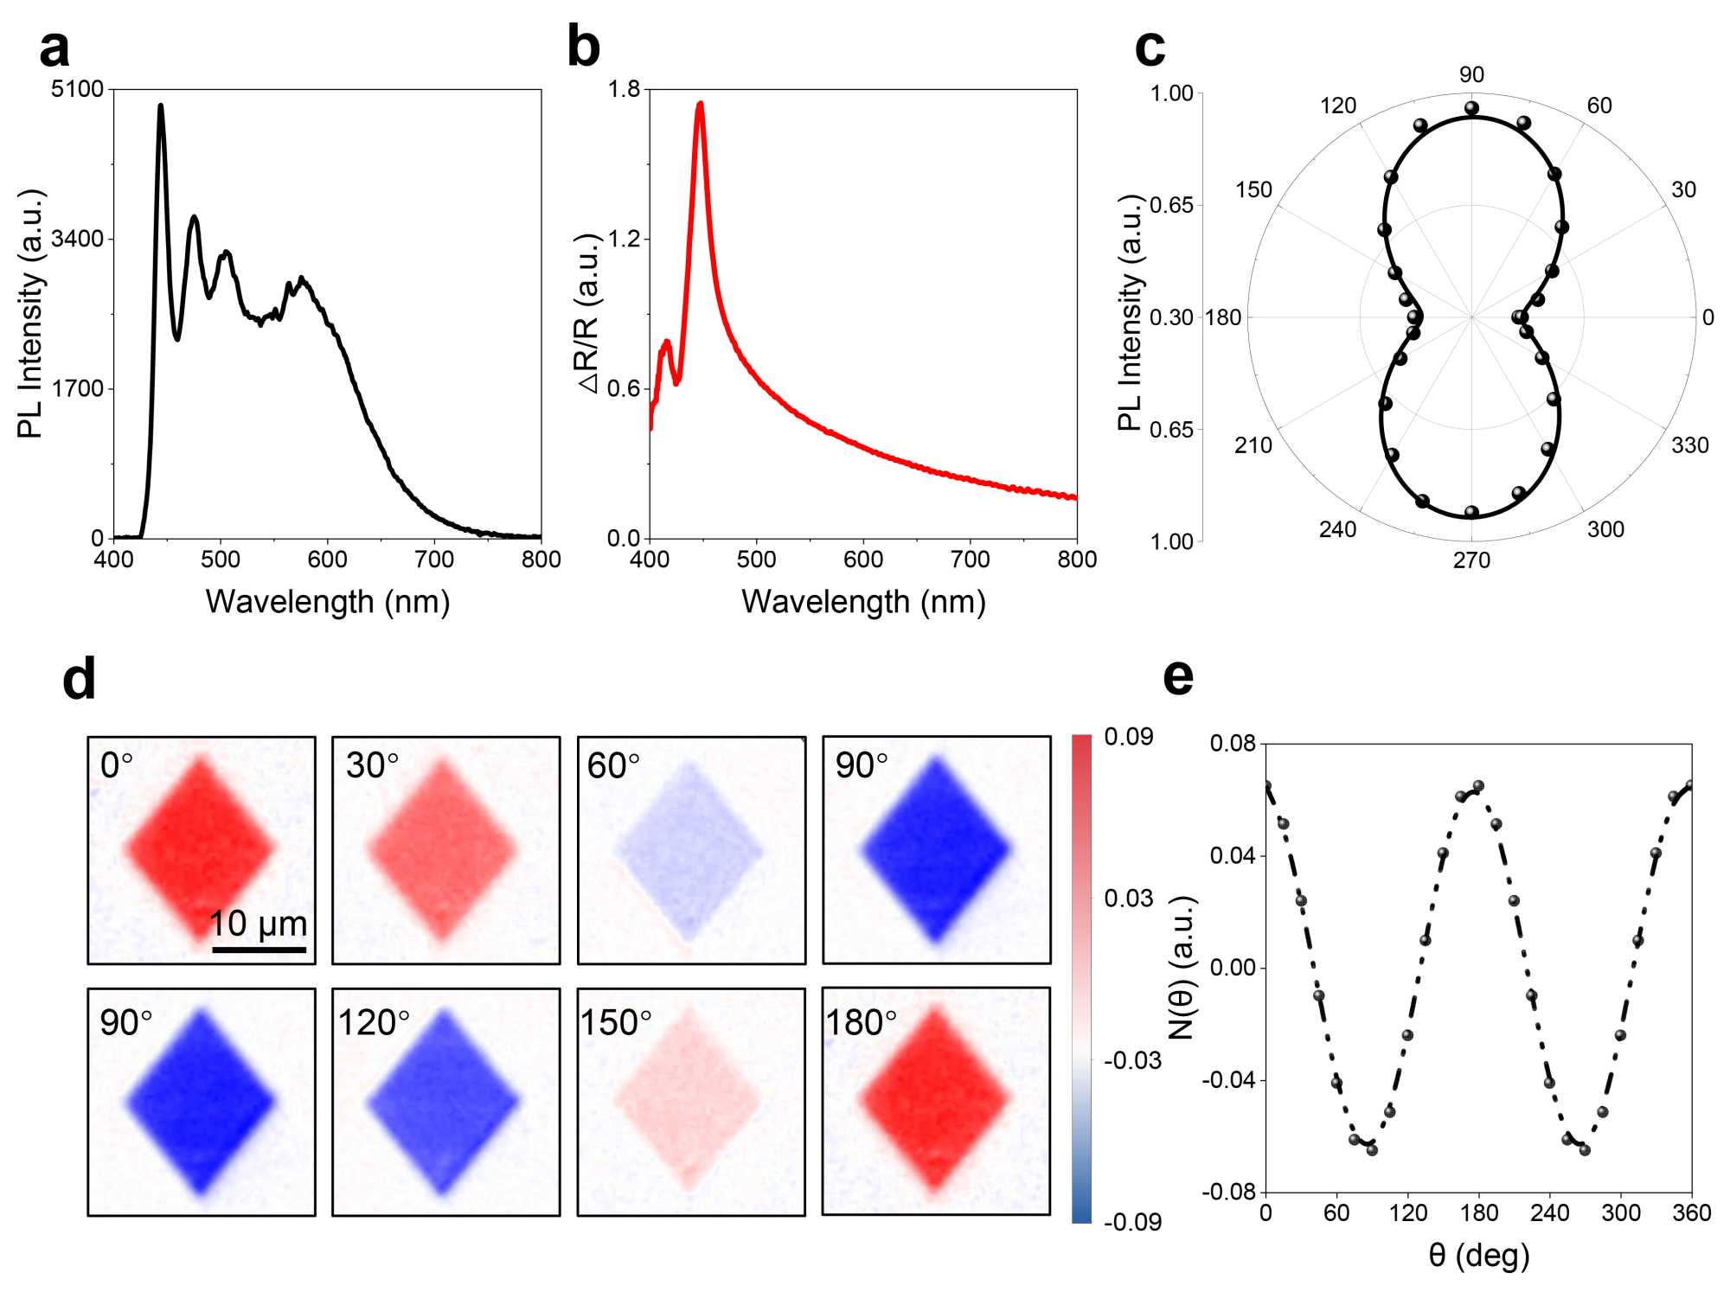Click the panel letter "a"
coord(54,50)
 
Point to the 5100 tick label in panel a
coord(77,89)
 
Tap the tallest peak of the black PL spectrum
coord(160,106)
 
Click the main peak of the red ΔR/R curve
coord(700,104)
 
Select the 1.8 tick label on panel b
coord(624,89)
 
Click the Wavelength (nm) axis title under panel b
coord(863,602)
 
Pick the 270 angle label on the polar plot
coord(1471,560)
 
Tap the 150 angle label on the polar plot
coord(1253,190)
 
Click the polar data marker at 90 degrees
coord(1471,109)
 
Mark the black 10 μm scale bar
coord(259,950)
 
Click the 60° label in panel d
coord(612,766)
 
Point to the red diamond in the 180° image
coord(934,1100)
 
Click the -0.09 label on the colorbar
coord(1132,1222)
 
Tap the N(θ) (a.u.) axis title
coord(1182,967)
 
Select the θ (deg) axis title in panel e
coord(1478,1255)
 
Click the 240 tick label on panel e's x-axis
coord(1549,1213)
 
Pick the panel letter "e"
coord(1178,678)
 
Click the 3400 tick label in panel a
coord(77,239)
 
